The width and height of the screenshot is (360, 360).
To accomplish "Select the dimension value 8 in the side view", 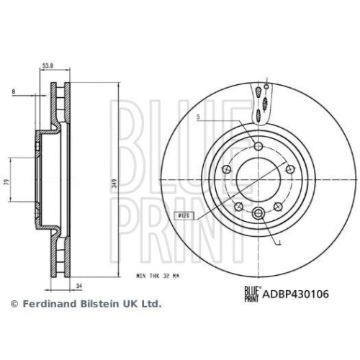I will [13, 91].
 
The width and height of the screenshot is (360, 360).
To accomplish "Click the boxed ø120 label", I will [182, 215].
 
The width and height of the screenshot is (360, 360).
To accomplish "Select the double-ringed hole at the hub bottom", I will [258, 212].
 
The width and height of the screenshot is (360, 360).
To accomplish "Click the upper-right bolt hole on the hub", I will [289, 169].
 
